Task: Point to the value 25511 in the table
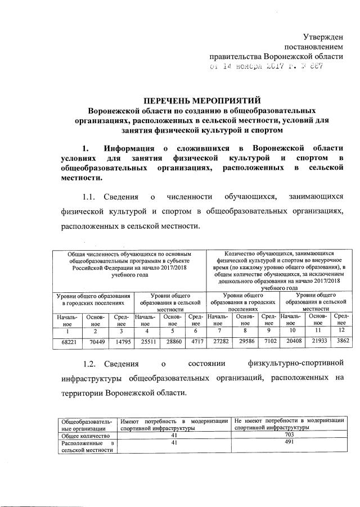pyautogui.click(x=146, y=341)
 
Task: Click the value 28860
pyautogui.click(x=173, y=341)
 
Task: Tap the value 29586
pyautogui.click(x=245, y=341)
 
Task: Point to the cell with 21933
pyautogui.click(x=318, y=341)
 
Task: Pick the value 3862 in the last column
pyautogui.click(x=342, y=341)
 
